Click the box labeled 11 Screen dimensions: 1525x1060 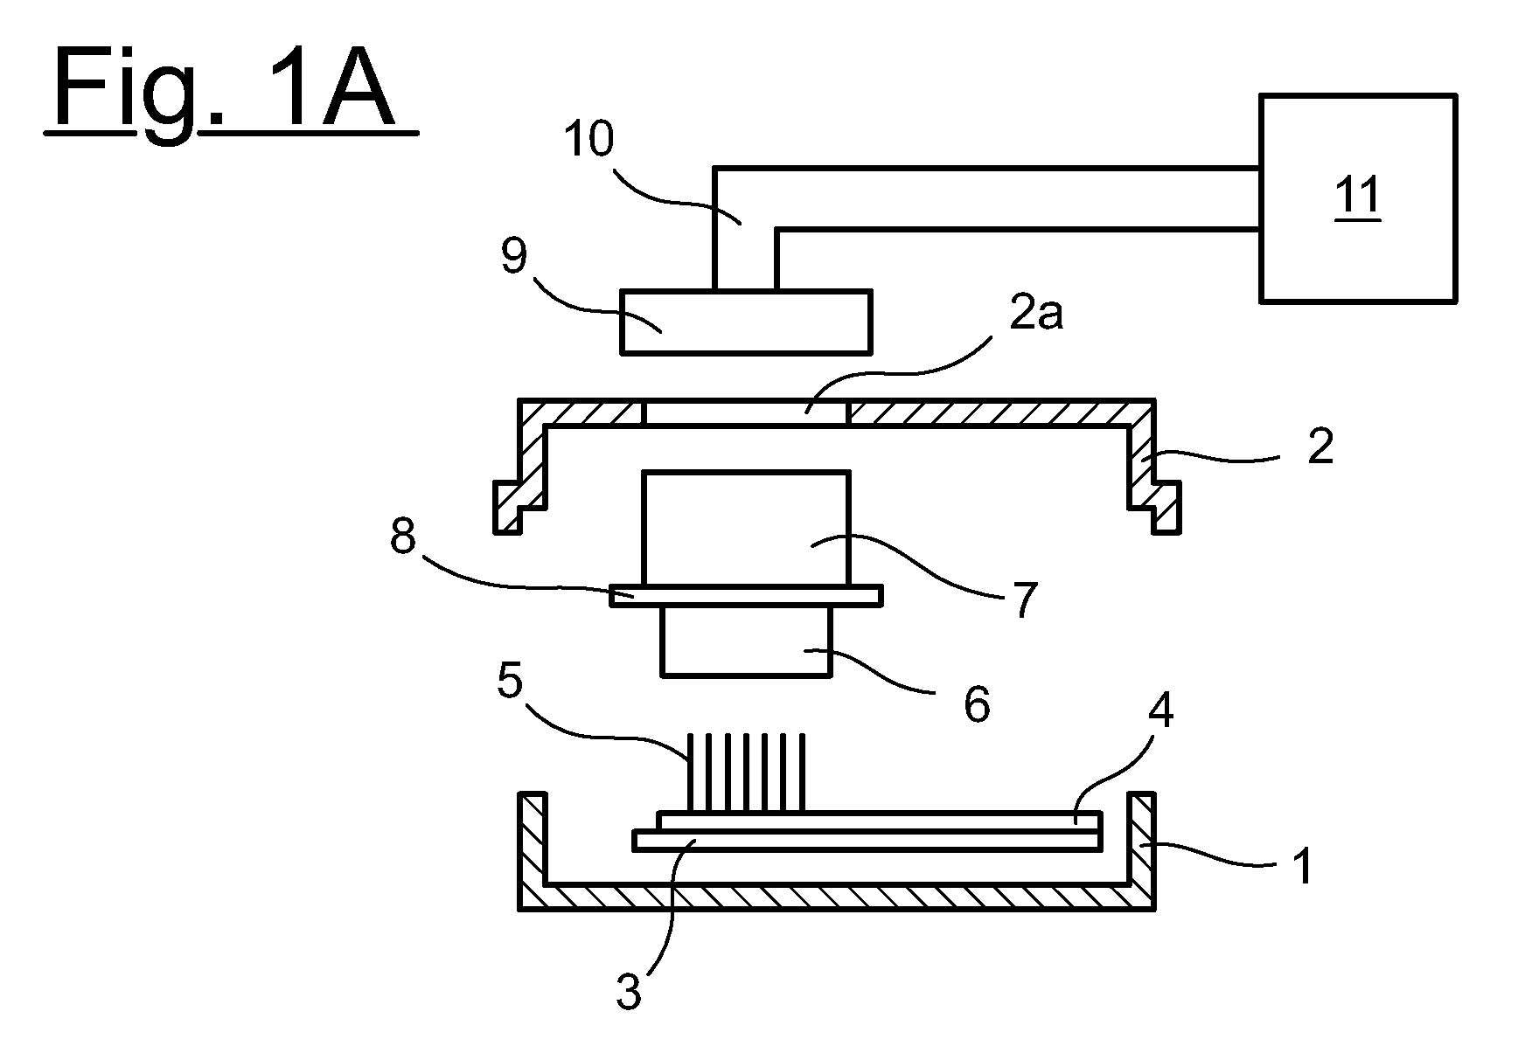tap(1358, 197)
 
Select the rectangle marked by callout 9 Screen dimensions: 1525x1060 tap(746, 322)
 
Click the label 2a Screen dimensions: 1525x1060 tap(1036, 314)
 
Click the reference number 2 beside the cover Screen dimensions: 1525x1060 tap(1320, 447)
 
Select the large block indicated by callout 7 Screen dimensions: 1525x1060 tap(746, 528)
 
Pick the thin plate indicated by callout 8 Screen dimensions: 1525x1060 tap(746, 595)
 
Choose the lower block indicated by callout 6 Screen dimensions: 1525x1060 tap(746, 641)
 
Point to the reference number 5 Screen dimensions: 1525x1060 tap(510, 682)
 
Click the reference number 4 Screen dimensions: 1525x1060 tap(1160, 712)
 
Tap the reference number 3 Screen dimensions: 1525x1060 tap(629, 993)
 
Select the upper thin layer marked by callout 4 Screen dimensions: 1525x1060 tap(879, 821)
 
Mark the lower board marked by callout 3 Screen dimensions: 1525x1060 tap(867, 841)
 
